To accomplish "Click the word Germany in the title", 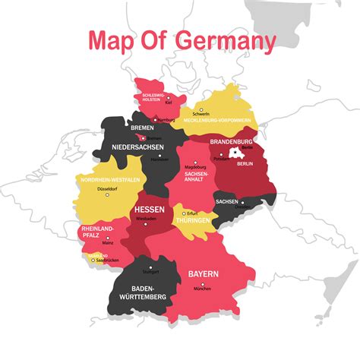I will (226, 41).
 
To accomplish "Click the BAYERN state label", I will (203, 273).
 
